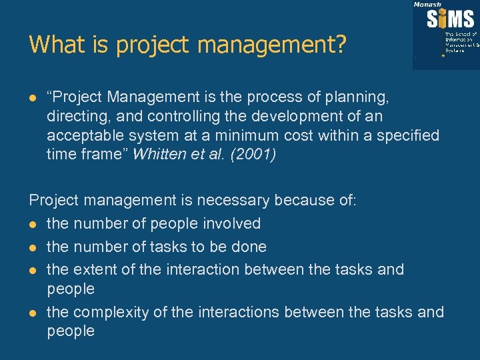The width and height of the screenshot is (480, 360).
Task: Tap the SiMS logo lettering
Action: pos(451,17)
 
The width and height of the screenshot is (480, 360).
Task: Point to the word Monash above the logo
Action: pos(427,5)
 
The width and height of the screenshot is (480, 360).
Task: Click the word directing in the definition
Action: pos(74,117)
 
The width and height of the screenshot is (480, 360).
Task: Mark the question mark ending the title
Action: pos(341,45)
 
